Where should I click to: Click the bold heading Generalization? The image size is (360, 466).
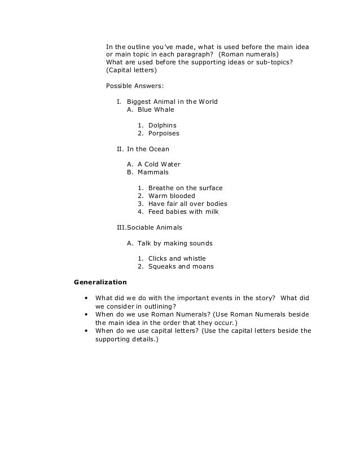tap(100, 282)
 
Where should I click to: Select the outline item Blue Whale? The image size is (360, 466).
tap(156, 110)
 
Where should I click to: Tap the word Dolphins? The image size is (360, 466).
tap(162, 125)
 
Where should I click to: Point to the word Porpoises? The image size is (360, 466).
tap(164, 134)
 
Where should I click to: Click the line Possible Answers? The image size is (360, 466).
tap(135, 86)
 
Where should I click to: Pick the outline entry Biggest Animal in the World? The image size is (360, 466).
tap(172, 102)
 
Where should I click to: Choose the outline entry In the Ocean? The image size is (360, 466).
tap(147, 149)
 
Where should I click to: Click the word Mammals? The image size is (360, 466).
tap(153, 173)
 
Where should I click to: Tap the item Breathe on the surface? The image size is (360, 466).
tap(185, 188)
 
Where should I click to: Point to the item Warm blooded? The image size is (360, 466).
tap(172, 196)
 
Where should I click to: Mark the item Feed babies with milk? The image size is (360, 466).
tap(183, 212)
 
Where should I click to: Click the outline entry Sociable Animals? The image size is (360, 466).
tap(154, 228)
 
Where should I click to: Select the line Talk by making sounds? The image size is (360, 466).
tap(175, 243)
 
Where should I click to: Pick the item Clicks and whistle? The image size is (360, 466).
tap(177, 258)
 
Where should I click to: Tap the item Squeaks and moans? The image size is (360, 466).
tap(181, 267)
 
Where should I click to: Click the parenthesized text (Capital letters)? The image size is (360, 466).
tap(131, 71)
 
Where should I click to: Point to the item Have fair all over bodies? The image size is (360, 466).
tap(187, 204)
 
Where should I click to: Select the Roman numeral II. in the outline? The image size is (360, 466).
tap(120, 149)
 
